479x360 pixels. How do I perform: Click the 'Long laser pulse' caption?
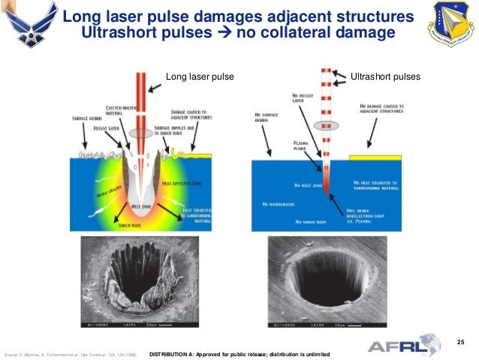pyautogui.click(x=200, y=77)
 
